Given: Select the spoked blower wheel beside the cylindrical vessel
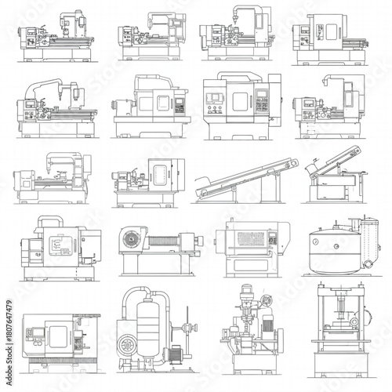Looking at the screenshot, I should click(127, 346).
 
